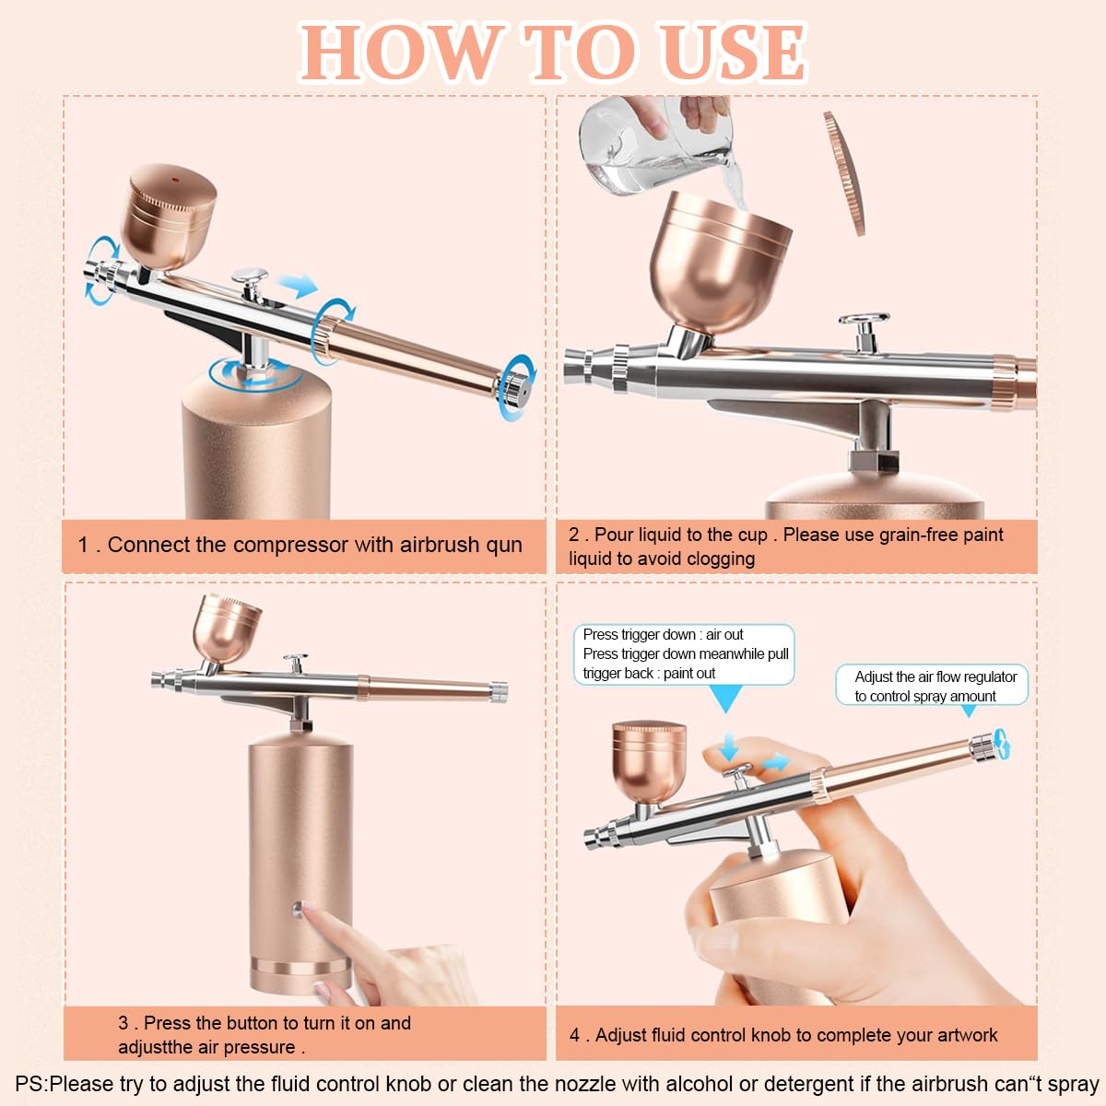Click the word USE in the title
pyautogui.click(x=732, y=53)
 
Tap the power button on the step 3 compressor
pyautogui.click(x=298, y=911)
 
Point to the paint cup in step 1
pyautogui.click(x=171, y=217)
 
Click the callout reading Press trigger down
pyautogui.click(x=684, y=653)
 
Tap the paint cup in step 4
pyautogui.click(x=649, y=760)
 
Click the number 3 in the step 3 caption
pyautogui.click(x=124, y=1023)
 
